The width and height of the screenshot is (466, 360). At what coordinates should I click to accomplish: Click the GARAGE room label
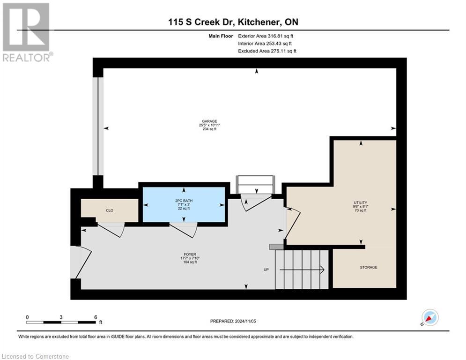point(209,121)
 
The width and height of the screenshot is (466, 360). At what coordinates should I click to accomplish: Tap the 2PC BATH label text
point(184,201)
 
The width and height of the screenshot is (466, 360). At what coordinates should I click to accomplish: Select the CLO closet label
point(109,210)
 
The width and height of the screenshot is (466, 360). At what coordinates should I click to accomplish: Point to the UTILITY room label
point(360,202)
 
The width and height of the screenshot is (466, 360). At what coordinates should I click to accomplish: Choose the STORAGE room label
point(369,267)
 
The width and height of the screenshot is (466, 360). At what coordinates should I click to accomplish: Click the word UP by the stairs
point(266,270)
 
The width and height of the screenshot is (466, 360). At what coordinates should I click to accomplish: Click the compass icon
point(429,317)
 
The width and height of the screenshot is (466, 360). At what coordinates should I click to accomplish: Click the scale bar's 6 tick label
point(96,317)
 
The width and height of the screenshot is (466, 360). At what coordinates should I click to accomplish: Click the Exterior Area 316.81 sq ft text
point(266,36)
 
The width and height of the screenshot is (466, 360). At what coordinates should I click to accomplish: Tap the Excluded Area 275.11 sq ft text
point(267,51)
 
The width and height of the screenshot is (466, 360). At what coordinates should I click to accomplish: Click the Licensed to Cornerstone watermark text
point(35,356)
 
